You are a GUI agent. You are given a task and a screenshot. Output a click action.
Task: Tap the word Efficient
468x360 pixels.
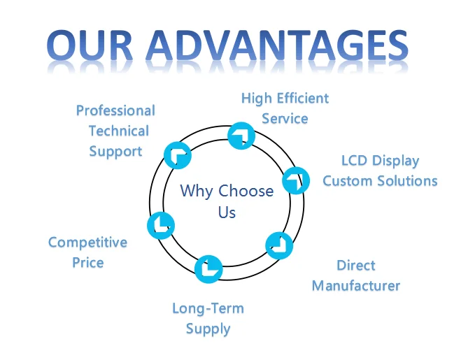303,98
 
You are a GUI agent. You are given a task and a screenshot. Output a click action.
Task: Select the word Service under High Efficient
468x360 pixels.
285,118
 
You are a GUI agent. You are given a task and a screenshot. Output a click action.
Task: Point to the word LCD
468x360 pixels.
355,160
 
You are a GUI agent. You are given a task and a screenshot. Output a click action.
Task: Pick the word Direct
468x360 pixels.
356,266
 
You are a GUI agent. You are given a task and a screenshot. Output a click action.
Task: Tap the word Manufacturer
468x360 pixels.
356,286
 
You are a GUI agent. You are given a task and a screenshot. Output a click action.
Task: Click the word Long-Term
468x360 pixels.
208,308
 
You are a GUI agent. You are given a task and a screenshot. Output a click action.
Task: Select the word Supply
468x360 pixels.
208,329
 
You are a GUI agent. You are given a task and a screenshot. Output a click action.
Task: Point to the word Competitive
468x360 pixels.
87,243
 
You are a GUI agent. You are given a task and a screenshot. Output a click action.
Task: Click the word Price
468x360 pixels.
87,263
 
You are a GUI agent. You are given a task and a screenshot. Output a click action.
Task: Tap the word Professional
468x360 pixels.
115,110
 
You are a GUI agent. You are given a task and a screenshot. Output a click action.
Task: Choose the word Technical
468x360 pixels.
119,131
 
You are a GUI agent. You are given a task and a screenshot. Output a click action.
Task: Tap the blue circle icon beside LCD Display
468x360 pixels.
296,180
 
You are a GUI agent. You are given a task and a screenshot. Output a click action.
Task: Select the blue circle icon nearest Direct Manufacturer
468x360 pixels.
279,245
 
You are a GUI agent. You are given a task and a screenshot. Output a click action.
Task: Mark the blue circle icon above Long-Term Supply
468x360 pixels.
208,269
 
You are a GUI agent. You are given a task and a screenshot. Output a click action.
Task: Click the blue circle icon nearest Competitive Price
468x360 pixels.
161,224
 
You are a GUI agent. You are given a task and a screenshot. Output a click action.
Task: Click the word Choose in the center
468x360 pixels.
246,191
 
